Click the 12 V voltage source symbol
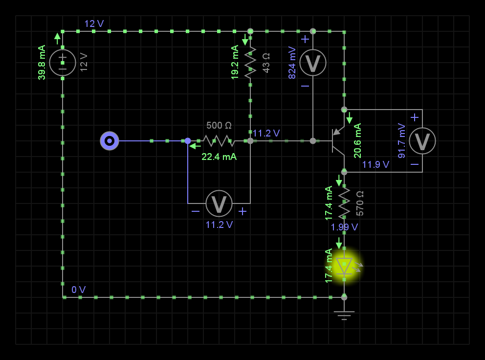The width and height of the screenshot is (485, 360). tap(63, 63)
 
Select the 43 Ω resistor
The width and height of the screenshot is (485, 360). tap(250, 63)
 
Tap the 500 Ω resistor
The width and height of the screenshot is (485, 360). tap(219, 141)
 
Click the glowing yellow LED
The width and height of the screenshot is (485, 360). tap(344, 266)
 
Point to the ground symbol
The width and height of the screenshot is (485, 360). tap(344, 314)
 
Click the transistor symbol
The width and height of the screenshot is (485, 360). tap(338, 141)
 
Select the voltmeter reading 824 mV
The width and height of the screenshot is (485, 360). tap(313, 63)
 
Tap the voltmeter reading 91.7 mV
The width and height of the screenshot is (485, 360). tap(422, 141)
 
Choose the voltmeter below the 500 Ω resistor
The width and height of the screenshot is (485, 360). tap(219, 203)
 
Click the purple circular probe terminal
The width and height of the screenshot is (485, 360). tap(110, 141)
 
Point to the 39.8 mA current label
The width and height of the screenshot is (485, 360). tap(42, 63)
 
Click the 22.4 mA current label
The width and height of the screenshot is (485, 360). tap(219, 157)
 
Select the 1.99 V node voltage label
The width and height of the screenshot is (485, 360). tap(344, 227)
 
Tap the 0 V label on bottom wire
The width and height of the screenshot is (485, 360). tap(79, 290)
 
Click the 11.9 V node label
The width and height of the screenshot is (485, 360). tap(375, 164)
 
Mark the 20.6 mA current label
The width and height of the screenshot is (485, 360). tap(357, 141)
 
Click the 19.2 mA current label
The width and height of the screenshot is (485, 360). tap(235, 63)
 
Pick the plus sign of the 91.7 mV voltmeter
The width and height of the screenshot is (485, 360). tap(415, 117)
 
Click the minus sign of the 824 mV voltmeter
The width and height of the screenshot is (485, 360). tap(305, 86)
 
